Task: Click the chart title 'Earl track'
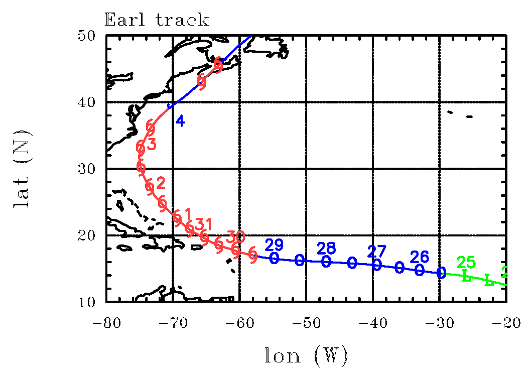point(156,20)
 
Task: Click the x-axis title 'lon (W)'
point(306,356)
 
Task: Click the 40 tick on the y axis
point(92,102)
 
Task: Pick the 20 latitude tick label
point(92,235)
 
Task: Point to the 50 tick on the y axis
point(92,36)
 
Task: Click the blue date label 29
point(274,245)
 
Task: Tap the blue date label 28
point(327,248)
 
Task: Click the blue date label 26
point(420,257)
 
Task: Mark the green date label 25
point(466,262)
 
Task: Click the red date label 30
point(236,236)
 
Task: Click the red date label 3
point(152,145)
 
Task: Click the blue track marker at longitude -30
point(441,273)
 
